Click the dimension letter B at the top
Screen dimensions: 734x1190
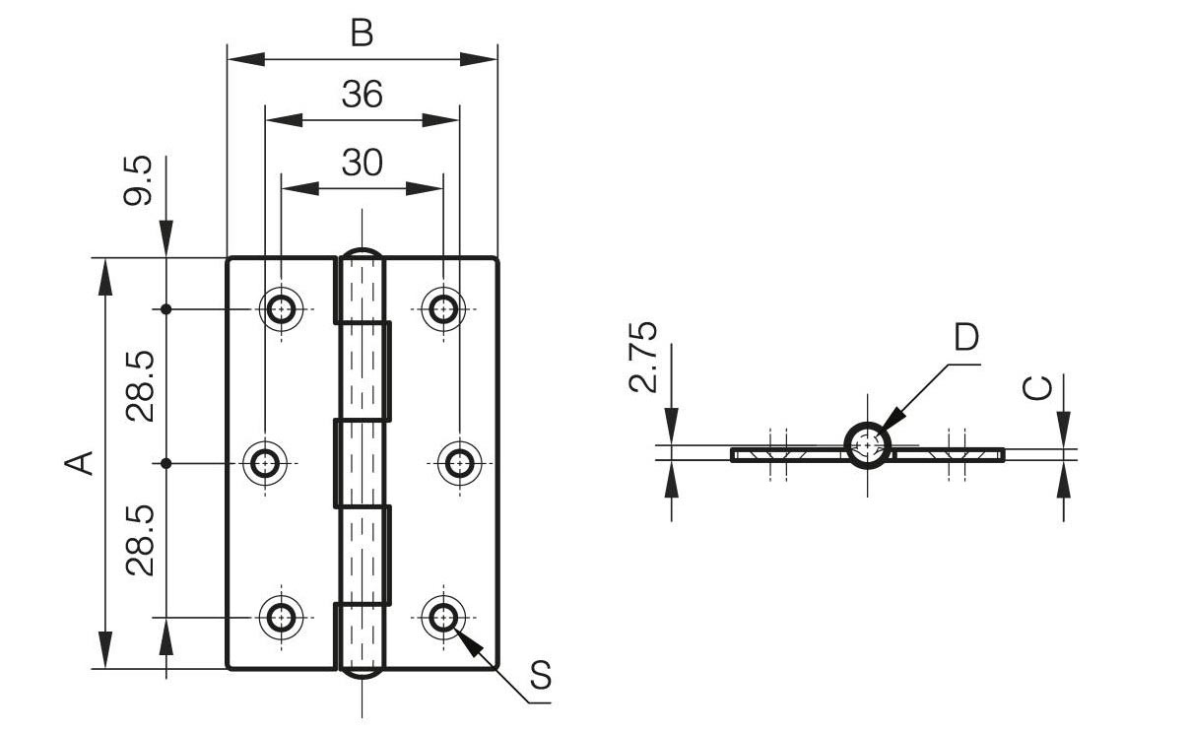pyautogui.click(x=362, y=33)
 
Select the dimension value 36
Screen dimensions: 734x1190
pyautogui.click(x=362, y=95)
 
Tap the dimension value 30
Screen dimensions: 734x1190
pyautogui.click(x=362, y=163)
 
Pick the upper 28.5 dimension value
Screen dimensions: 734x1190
pyautogui.click(x=140, y=386)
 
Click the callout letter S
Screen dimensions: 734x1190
pyautogui.click(x=540, y=676)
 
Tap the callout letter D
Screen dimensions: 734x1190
pyautogui.click(x=966, y=337)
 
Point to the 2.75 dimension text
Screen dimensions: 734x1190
pyautogui.click(x=643, y=357)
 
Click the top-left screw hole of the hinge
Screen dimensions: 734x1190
pyautogui.click(x=282, y=309)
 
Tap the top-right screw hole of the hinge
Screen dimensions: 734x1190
pyautogui.click(x=443, y=309)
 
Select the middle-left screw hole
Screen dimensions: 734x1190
pyautogui.click(x=265, y=462)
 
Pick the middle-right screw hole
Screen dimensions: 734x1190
pyautogui.click(x=459, y=462)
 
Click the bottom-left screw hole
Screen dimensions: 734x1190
pyautogui.click(x=282, y=618)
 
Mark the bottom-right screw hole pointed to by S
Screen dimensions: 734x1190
pyautogui.click(x=443, y=618)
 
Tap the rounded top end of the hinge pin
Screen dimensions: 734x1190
pyautogui.click(x=363, y=253)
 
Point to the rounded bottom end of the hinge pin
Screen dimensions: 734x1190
pyautogui.click(x=363, y=674)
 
